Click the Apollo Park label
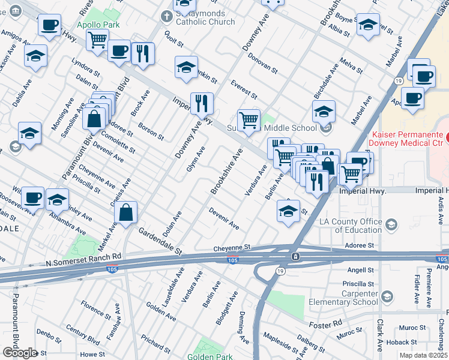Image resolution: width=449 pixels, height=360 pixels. (98, 25)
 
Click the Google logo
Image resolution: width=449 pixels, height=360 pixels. (20, 353)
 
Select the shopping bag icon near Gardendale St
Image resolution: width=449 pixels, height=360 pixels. (126, 214)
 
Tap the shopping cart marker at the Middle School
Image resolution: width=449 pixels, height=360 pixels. (248, 119)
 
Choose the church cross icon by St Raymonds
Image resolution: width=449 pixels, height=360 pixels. (169, 16)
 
